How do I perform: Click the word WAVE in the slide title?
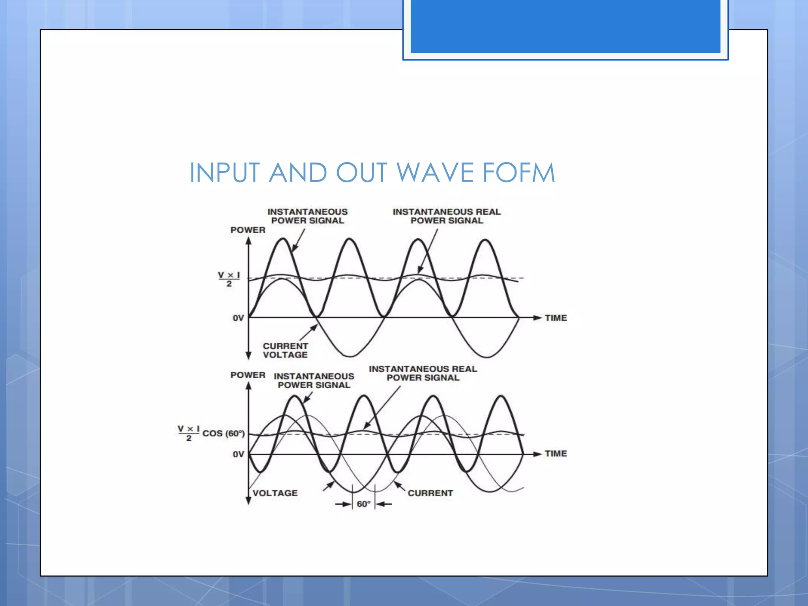435,173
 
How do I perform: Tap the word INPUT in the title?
224,173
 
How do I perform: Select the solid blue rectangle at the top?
565,26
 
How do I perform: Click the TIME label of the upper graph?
555,318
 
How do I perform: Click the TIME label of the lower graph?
555,454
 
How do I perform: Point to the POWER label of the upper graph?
248,230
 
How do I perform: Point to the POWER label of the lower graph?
248,375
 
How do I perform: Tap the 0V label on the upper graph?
238,318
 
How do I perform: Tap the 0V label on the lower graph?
238,454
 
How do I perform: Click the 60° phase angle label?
363,504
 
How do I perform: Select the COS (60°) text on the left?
223,433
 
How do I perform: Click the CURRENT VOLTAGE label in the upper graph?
285,350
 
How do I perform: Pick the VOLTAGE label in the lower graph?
275,493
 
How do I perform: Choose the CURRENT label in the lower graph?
430,493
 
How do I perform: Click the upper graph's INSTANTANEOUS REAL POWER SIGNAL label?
447,216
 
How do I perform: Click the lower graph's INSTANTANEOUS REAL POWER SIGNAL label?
423,373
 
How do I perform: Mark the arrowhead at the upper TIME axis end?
537,318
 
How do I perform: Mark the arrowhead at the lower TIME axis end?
537,454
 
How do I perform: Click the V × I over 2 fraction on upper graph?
229,279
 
